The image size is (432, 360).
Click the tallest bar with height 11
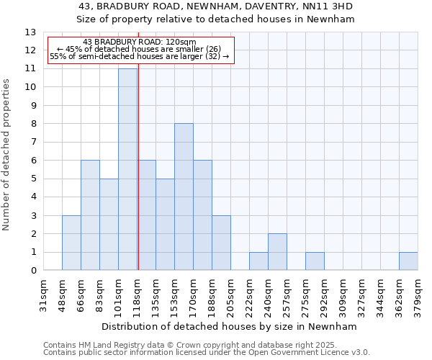[x=127, y=169]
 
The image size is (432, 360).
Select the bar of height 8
[x=184, y=197]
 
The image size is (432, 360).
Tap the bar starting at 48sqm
[x=71, y=243]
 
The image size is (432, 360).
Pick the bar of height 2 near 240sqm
[x=277, y=252]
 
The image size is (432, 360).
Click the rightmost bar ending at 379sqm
[x=408, y=261]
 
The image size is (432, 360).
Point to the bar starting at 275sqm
[x=315, y=261]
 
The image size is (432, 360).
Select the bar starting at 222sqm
[x=258, y=261]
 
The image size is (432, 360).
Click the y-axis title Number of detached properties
[x=7, y=155]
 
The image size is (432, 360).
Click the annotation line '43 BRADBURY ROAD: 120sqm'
[x=139, y=42]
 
